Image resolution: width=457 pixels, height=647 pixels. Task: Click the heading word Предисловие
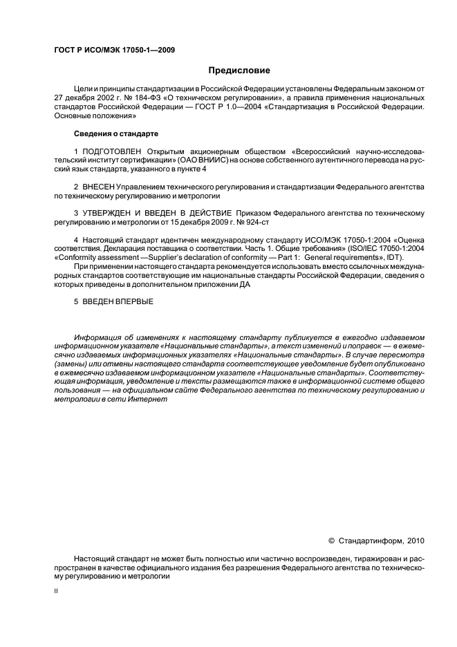(239, 70)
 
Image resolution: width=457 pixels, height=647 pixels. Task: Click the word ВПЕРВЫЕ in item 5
(136, 301)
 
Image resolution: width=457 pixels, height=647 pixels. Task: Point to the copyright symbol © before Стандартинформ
(330, 541)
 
